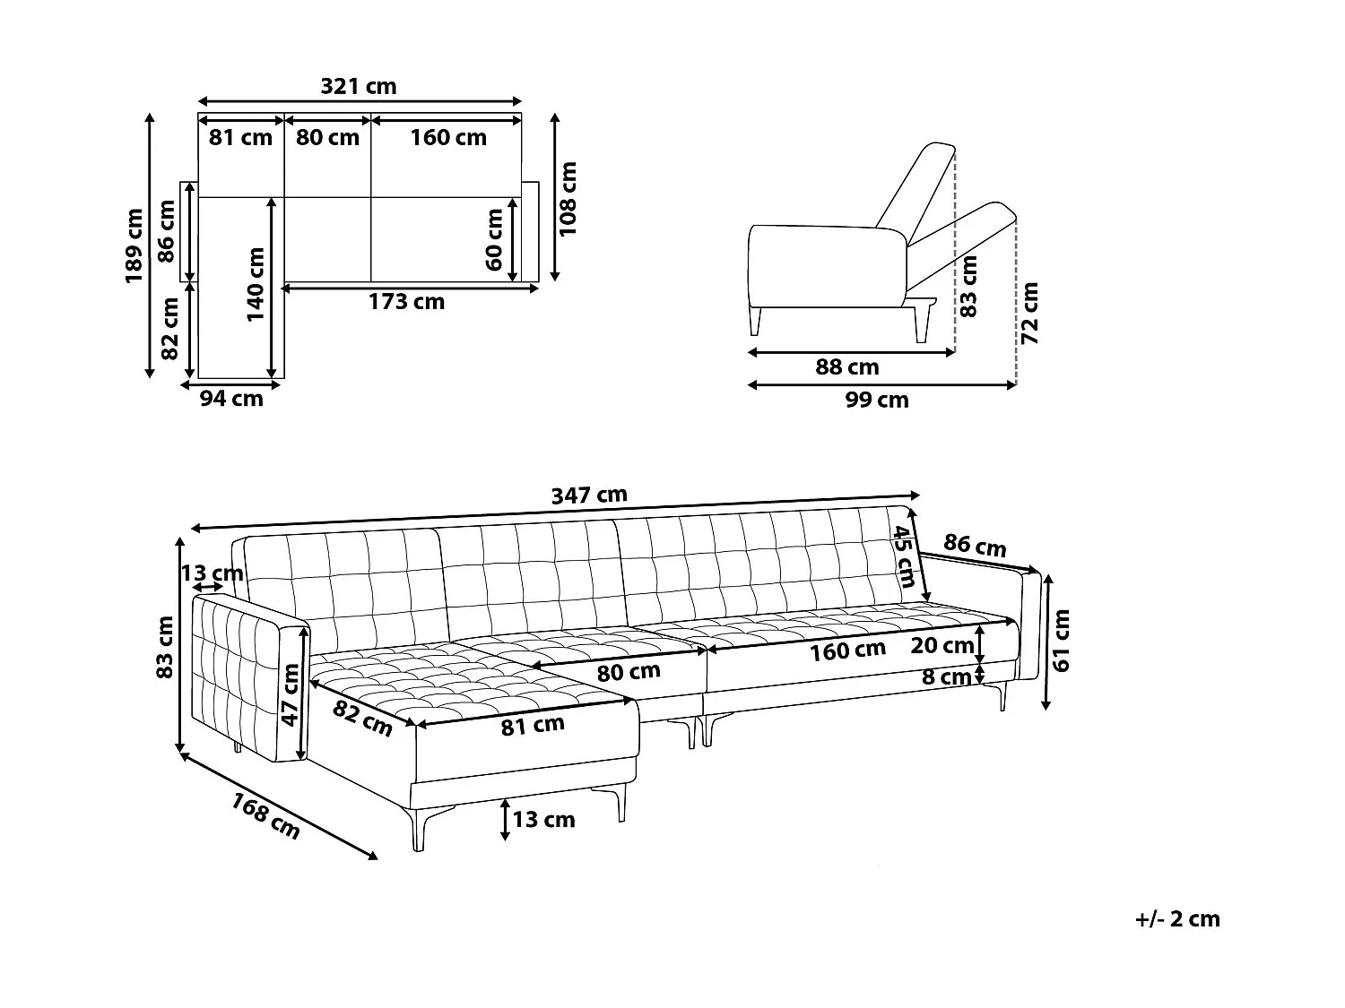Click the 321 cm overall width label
coord(358,86)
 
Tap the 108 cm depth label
coord(568,198)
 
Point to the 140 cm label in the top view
coord(256,285)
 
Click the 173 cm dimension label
coord(406,302)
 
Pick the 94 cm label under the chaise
coord(231,399)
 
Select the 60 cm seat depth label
coord(494,239)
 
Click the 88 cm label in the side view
coord(846,367)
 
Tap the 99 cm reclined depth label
coord(876,401)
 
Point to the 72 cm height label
coord(1029,313)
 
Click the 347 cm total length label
coord(589,495)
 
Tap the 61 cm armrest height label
coord(1062,640)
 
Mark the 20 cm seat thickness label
coord(941,645)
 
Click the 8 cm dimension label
coord(946,677)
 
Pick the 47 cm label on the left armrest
coord(290,694)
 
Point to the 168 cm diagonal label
coord(266,816)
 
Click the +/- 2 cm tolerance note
coord(1176,918)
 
